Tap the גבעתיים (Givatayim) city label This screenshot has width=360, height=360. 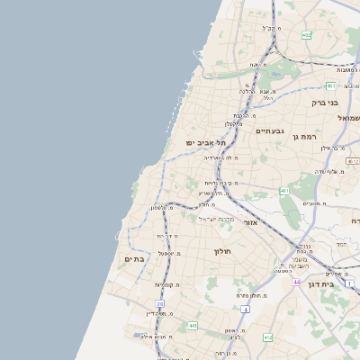[x=269, y=131]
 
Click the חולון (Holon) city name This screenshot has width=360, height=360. [x=223, y=251]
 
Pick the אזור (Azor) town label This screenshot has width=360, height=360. [x=250, y=221]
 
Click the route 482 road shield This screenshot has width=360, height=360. [x=306, y=35]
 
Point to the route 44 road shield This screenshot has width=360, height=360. [x=296, y=282]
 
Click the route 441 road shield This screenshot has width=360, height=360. [x=193, y=326]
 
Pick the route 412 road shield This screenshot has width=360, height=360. [x=267, y=337]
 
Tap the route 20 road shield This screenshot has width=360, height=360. [x=160, y=305]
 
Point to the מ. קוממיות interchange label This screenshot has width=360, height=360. [x=169, y=284]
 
